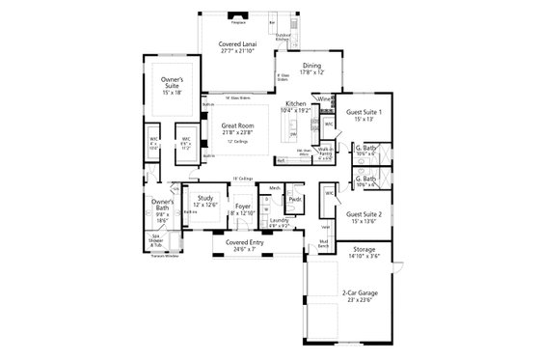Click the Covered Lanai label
(236, 45)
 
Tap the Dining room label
(291, 66)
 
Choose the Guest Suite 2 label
(364, 214)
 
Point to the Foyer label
(242, 206)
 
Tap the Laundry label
(281, 221)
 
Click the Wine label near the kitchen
(324, 99)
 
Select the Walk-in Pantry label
(326, 152)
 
